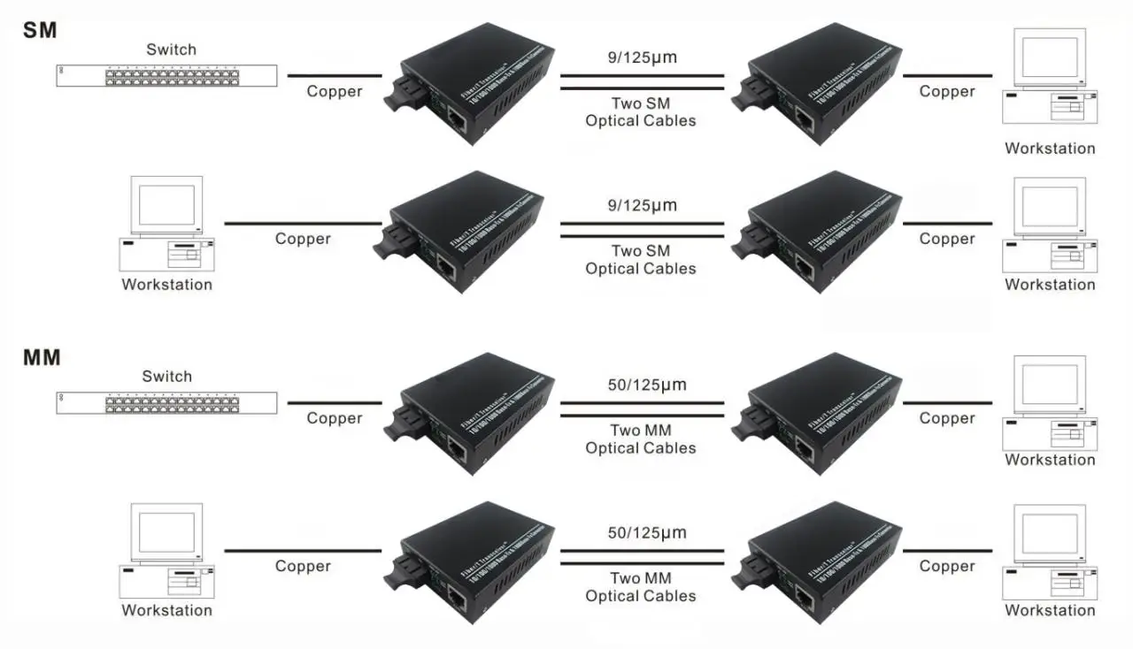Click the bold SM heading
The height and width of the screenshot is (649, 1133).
click(39, 30)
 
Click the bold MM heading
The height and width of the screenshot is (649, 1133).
click(42, 358)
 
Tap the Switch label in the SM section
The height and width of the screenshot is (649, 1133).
click(171, 50)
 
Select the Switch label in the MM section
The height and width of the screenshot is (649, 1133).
click(166, 377)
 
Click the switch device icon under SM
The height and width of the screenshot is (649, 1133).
click(166, 76)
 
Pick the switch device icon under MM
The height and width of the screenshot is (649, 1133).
click(166, 403)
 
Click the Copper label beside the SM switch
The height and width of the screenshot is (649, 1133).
click(335, 92)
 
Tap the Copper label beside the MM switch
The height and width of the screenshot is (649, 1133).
click(335, 418)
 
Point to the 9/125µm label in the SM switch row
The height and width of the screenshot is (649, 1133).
click(642, 59)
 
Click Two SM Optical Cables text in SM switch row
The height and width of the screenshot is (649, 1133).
click(641, 112)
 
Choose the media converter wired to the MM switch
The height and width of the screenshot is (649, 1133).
click(469, 412)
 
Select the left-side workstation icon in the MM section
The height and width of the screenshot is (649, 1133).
click(167, 550)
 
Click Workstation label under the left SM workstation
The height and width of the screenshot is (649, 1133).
click(167, 285)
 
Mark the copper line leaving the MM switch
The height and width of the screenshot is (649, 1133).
click(335, 403)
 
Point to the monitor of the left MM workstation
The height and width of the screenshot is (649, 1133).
click(166, 531)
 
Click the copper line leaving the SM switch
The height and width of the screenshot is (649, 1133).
click(335, 76)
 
